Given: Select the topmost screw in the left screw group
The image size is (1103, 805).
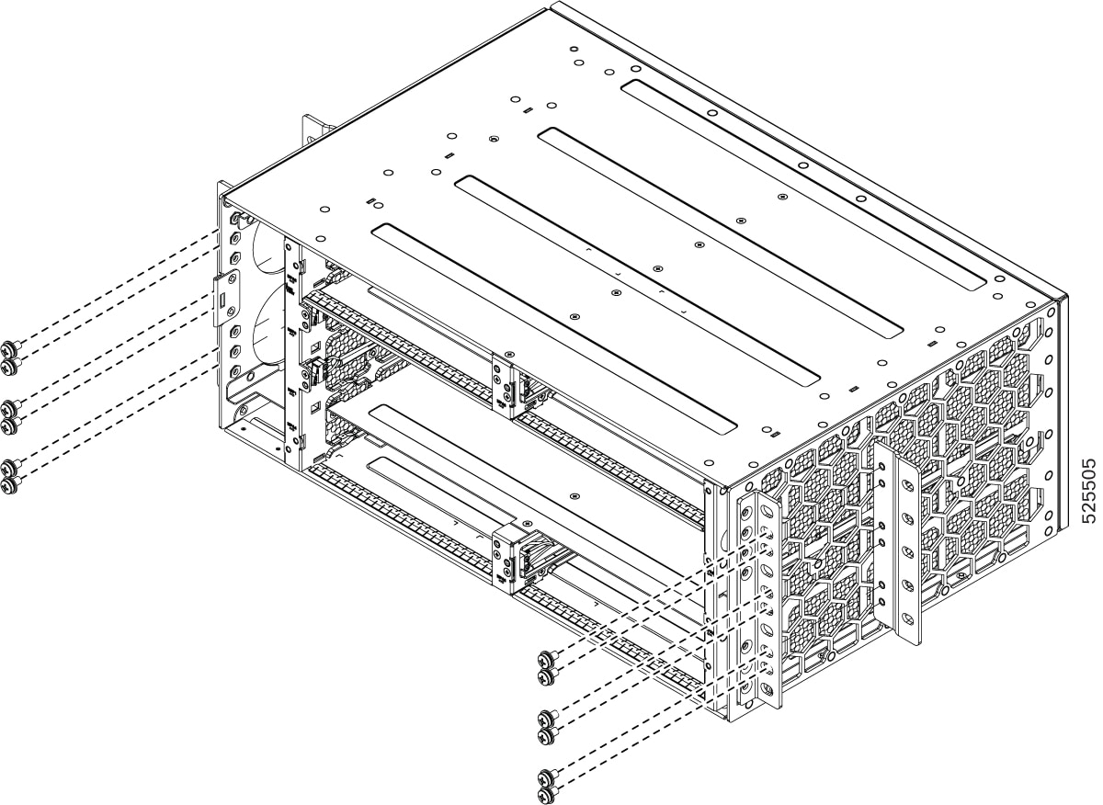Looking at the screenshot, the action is coord(10,348).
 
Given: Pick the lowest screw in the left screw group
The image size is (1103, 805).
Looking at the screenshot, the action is coord(10,486).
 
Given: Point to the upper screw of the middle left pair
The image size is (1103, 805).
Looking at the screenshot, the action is coord(10,408).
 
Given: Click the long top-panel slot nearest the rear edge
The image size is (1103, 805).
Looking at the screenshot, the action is coord(798,184).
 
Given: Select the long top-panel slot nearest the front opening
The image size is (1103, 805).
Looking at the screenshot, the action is coord(553,329).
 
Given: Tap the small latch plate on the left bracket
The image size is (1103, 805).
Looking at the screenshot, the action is coord(226,298).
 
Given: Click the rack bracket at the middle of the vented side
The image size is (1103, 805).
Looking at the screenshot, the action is coord(900,542).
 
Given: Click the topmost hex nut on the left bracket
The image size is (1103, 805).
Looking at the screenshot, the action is coord(235,218).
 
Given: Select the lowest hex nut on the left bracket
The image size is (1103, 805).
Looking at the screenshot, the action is coord(235,369).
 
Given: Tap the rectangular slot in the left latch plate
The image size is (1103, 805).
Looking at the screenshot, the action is coord(222,299).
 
